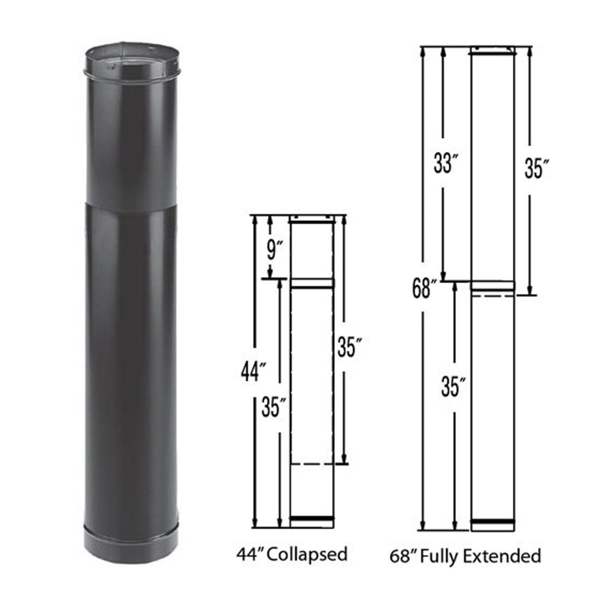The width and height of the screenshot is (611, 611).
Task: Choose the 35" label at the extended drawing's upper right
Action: click(534, 169)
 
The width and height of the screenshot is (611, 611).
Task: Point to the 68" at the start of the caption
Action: click(400, 556)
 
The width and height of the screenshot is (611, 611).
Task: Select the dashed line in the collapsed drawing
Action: click(312, 464)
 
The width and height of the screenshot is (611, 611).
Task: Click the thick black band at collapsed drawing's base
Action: click(312, 518)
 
